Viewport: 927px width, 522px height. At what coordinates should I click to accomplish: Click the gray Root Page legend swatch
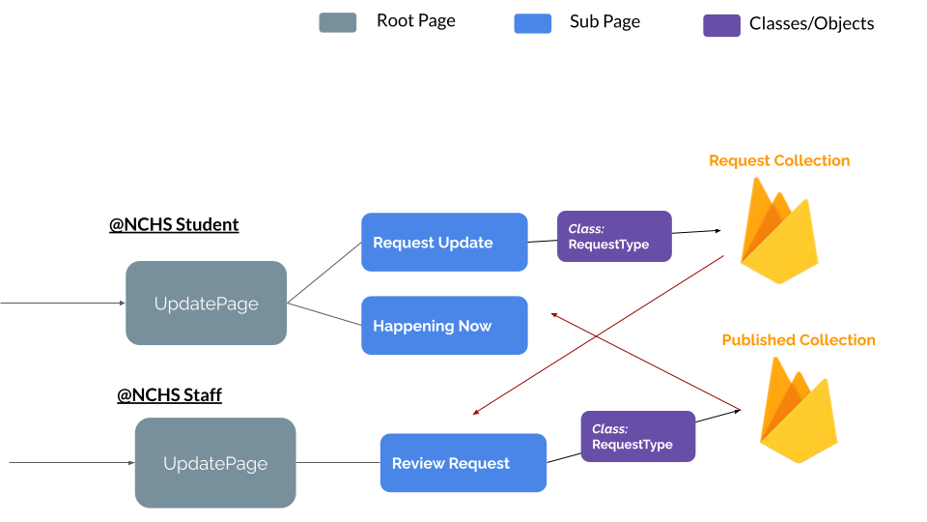pyautogui.click(x=337, y=22)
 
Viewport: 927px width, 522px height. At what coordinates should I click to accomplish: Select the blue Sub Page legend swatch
pyautogui.click(x=532, y=23)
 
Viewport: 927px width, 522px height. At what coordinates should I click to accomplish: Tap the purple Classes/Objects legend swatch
pyautogui.click(x=721, y=25)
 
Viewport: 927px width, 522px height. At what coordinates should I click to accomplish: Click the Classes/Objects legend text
pyautogui.click(x=811, y=24)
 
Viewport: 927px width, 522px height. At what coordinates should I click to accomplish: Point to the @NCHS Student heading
pyautogui.click(x=174, y=224)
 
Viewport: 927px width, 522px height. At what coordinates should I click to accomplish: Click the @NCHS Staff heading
pyautogui.click(x=169, y=394)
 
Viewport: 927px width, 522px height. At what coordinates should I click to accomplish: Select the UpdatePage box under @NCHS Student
pyautogui.click(x=206, y=304)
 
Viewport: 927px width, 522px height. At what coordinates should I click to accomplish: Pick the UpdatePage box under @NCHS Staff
pyautogui.click(x=215, y=463)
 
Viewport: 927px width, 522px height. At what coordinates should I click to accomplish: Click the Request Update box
pyautogui.click(x=444, y=243)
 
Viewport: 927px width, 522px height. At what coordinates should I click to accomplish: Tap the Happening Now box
pyautogui.click(x=444, y=326)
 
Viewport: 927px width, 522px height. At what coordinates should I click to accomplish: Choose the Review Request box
pyautogui.click(x=463, y=463)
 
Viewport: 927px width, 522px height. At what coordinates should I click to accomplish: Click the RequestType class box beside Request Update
pyautogui.click(x=614, y=237)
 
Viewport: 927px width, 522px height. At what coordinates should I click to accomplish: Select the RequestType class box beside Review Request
pyautogui.click(x=637, y=437)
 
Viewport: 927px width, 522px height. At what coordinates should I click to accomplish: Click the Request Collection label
pyautogui.click(x=779, y=160)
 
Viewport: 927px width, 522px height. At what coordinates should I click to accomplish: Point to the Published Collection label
pyautogui.click(x=799, y=340)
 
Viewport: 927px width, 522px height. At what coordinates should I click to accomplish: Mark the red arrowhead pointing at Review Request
pyautogui.click(x=476, y=413)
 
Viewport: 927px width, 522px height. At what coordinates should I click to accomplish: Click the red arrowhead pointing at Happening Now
pyautogui.click(x=554, y=313)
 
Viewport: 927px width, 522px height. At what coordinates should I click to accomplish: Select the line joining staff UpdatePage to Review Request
pyautogui.click(x=337, y=463)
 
